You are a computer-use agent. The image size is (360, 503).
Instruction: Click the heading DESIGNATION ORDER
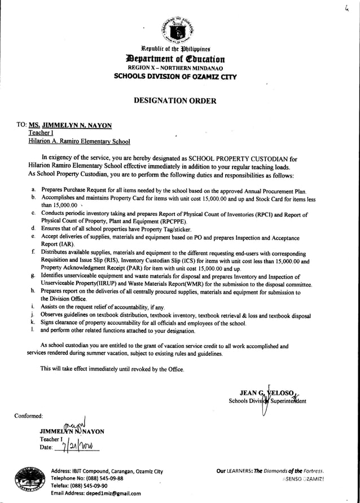[174, 100]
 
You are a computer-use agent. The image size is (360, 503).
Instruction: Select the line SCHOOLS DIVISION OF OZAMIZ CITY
[175, 76]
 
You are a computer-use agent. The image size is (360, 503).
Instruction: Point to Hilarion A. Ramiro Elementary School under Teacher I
[80, 142]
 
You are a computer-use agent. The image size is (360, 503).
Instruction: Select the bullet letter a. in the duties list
[34, 191]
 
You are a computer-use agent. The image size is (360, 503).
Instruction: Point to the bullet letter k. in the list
[34, 323]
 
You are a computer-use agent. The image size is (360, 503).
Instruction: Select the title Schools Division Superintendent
[267, 401]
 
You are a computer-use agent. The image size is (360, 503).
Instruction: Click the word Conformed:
[29, 416]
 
